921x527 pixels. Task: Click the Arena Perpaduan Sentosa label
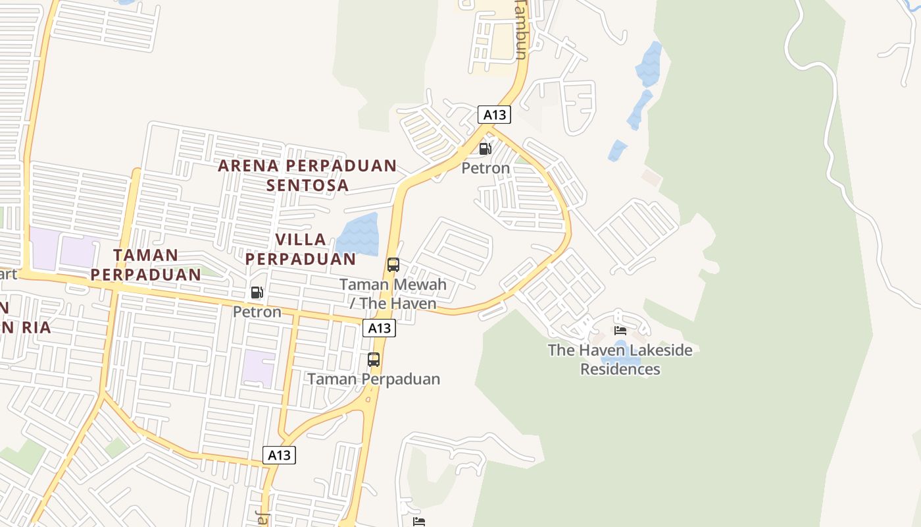(x=307, y=175)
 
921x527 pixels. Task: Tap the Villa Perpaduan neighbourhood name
(x=301, y=249)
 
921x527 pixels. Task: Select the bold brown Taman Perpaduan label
(x=145, y=264)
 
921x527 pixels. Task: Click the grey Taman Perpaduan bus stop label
(x=374, y=379)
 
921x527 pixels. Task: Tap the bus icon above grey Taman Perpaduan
(x=374, y=360)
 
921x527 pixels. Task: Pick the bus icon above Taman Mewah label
(x=393, y=265)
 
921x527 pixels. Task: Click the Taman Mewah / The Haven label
(x=393, y=294)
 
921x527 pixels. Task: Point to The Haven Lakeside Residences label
(x=620, y=359)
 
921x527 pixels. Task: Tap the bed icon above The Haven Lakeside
(x=620, y=330)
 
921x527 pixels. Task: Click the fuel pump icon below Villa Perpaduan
(x=257, y=292)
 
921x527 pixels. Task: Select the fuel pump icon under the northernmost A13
(x=485, y=149)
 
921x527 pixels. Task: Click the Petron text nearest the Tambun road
(x=485, y=168)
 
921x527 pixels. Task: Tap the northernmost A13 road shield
(x=494, y=115)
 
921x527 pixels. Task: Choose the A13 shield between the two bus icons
(x=379, y=328)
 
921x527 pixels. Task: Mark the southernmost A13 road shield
(x=280, y=455)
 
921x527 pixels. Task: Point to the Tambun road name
(x=520, y=30)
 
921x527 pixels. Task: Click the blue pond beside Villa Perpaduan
(x=359, y=235)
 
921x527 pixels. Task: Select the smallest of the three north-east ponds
(x=617, y=150)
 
